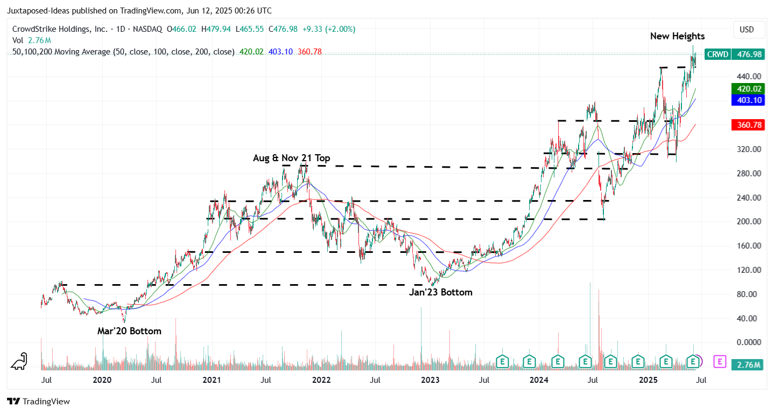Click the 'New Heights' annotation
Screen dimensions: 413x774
click(677, 36)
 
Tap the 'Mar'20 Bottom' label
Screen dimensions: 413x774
click(129, 331)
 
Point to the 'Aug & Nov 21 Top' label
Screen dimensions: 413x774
click(292, 158)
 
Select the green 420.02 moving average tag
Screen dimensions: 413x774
click(745, 89)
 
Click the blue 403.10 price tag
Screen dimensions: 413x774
click(745, 100)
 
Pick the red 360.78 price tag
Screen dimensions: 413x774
click(745, 125)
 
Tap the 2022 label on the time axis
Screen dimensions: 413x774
click(321, 380)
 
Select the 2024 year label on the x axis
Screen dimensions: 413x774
click(539, 380)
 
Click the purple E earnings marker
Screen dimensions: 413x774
click(720, 361)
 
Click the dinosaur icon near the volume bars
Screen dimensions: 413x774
click(20, 361)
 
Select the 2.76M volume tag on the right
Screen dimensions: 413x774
click(746, 366)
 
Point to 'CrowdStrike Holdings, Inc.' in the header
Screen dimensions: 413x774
click(60, 29)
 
